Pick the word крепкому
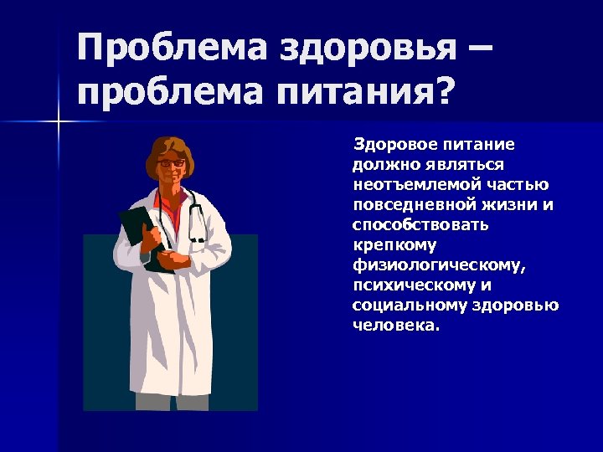coord(391,245)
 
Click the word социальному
coord(399,306)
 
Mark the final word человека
coord(394,326)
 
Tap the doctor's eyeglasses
coord(172,162)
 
